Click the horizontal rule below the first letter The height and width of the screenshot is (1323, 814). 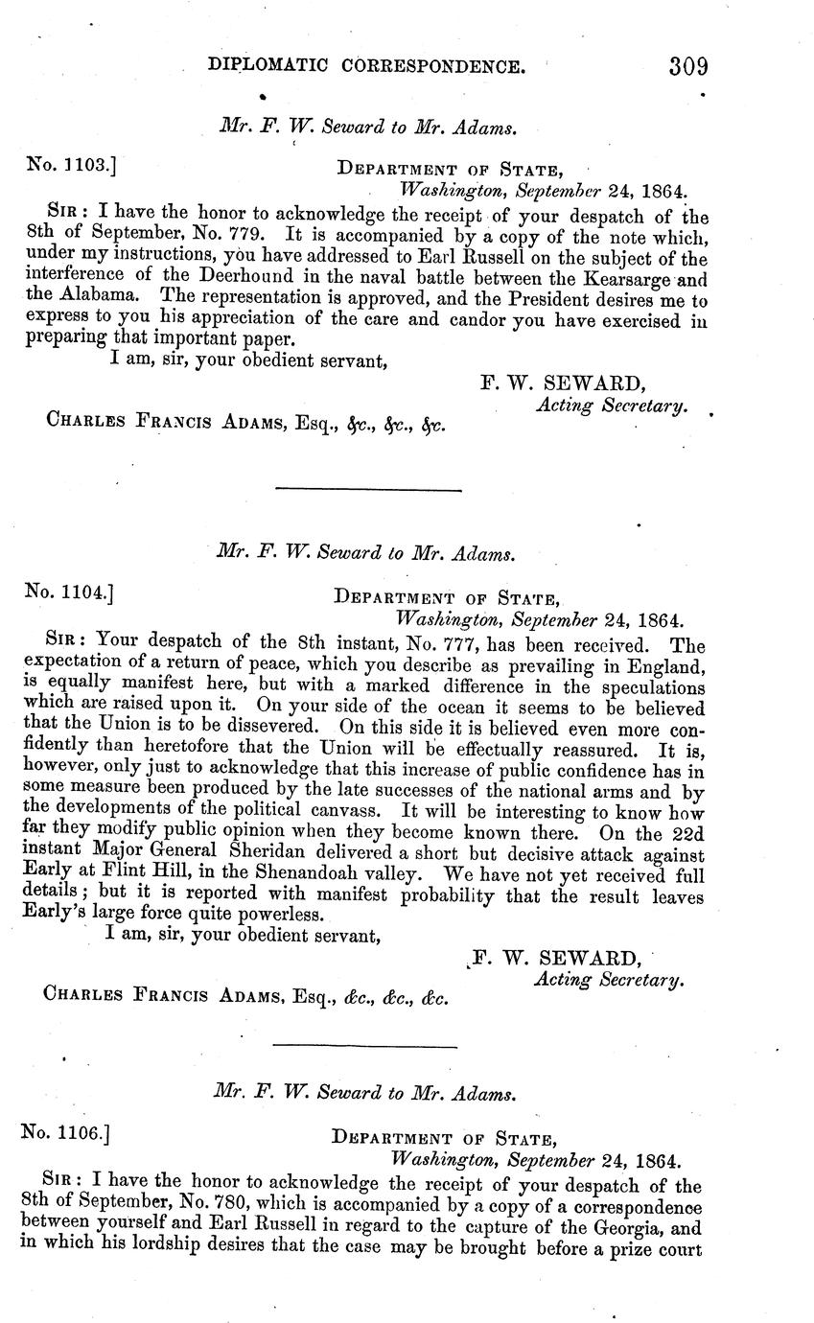[x=368, y=491]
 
